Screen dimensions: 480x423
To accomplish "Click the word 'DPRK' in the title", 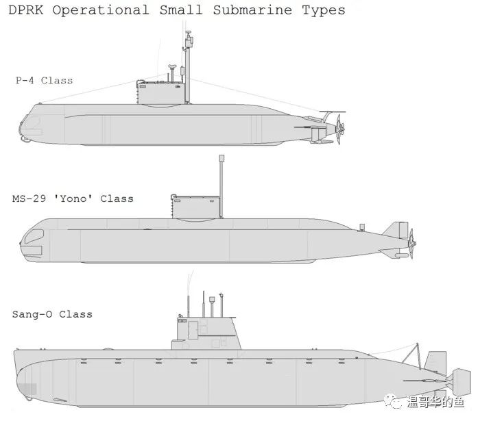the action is pos(26,10).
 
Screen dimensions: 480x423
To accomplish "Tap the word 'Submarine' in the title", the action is pos(252,10).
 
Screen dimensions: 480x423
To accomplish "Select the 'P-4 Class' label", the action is pos(45,80).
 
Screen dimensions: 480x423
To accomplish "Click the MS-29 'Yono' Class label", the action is pos(73,198).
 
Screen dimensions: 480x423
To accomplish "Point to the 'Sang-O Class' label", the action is pos(52,314).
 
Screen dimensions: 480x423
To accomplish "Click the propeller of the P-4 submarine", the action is pos(340,129).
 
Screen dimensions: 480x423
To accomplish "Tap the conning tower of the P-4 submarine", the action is pos(161,92).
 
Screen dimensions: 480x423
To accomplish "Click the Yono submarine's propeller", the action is pos(411,243).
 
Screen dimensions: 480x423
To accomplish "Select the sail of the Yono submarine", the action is pos(196,207).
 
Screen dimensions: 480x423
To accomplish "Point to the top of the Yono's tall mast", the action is pos(221,157).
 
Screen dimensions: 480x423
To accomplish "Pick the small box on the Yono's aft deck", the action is pos(362,227).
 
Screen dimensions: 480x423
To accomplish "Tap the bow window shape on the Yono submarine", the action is pos(34,236).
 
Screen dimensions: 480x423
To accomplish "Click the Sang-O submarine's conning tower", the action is pos(206,333).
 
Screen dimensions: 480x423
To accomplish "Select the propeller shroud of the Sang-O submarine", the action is pos(461,382).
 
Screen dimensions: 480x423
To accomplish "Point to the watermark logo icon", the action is pos(393,401).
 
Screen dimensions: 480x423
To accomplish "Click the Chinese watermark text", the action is pos(435,402).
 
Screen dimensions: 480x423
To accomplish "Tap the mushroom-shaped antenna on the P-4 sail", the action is pos(172,67).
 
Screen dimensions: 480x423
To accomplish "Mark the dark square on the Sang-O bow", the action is pos(31,389).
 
